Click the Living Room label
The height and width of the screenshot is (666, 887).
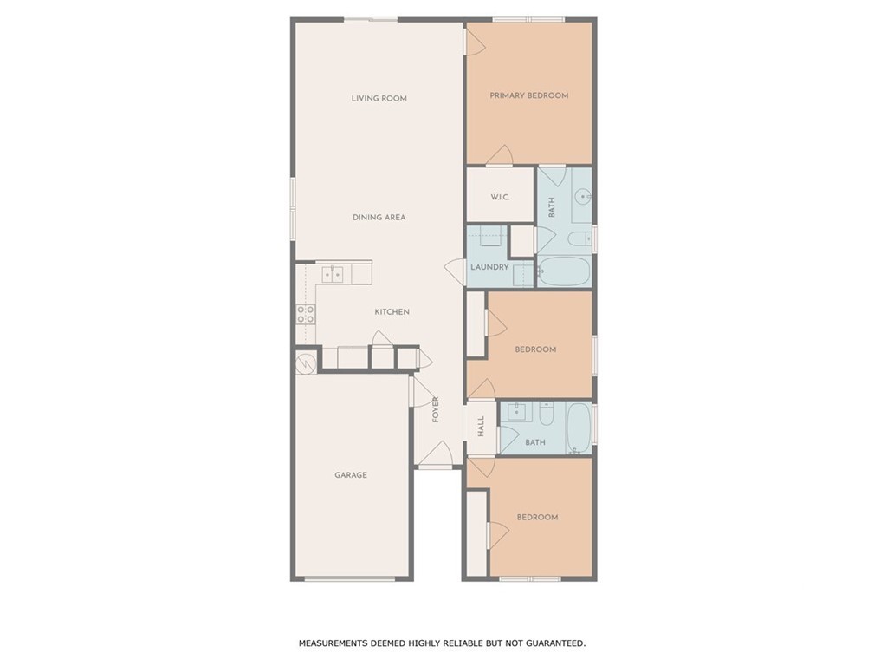tap(379, 98)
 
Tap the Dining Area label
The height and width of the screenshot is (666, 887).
tap(379, 217)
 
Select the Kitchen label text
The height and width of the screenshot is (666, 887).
tap(392, 311)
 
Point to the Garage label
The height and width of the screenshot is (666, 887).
tap(351, 474)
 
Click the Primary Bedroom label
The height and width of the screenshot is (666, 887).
tap(529, 95)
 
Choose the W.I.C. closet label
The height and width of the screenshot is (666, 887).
tap(500, 197)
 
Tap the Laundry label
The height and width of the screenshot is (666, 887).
tap(490, 267)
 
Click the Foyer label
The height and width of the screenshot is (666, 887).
tap(436, 409)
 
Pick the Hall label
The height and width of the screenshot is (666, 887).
tap(481, 426)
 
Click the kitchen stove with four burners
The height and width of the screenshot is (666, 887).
tap(306, 314)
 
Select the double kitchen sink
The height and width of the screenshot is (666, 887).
tap(332, 275)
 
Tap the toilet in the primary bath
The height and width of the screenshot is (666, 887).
tap(579, 239)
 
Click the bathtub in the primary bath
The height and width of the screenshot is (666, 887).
tap(563, 271)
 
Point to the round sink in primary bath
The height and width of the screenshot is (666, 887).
tap(583, 197)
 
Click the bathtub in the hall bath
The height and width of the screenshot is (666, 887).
tap(578, 428)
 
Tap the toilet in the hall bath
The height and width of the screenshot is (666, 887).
tap(547, 414)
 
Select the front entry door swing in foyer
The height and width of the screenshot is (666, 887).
tap(436, 454)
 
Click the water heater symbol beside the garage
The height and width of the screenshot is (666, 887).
tap(306, 362)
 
